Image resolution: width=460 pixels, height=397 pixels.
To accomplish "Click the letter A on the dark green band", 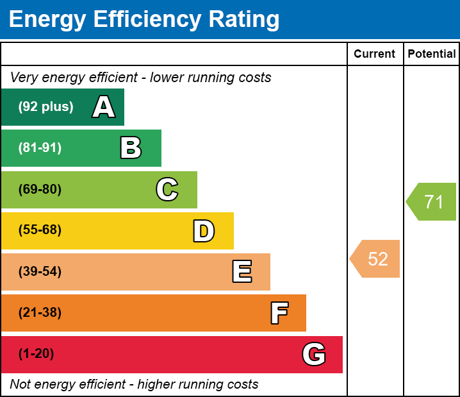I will [104, 107].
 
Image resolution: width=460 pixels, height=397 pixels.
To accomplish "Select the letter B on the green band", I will [131, 148].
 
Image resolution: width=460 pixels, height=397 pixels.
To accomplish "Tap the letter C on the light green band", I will [167, 189].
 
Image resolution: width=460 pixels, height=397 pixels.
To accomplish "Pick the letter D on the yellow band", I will [204, 231].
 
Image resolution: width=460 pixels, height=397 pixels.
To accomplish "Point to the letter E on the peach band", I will [242, 272].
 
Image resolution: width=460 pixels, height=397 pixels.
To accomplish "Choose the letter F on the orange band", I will [279, 313].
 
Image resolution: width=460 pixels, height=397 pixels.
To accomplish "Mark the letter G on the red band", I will [314, 354].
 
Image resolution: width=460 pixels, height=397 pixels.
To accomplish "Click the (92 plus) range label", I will [45, 107].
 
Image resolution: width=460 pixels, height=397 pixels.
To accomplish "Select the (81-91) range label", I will [40, 148].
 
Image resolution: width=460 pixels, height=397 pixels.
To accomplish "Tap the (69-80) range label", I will [40, 189].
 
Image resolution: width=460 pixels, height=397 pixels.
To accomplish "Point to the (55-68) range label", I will [40, 230].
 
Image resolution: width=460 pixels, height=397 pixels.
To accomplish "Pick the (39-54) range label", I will [40, 272].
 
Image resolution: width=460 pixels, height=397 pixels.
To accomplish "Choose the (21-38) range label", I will [40, 313].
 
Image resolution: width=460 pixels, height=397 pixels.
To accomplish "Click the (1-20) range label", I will [36, 354].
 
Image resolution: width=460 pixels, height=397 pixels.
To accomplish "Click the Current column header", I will [375, 54].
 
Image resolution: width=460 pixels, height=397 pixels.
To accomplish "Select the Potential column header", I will [432, 54].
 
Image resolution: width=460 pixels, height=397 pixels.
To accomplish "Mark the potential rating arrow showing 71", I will [432, 202].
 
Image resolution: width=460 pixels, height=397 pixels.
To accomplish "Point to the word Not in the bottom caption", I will [21, 384].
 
